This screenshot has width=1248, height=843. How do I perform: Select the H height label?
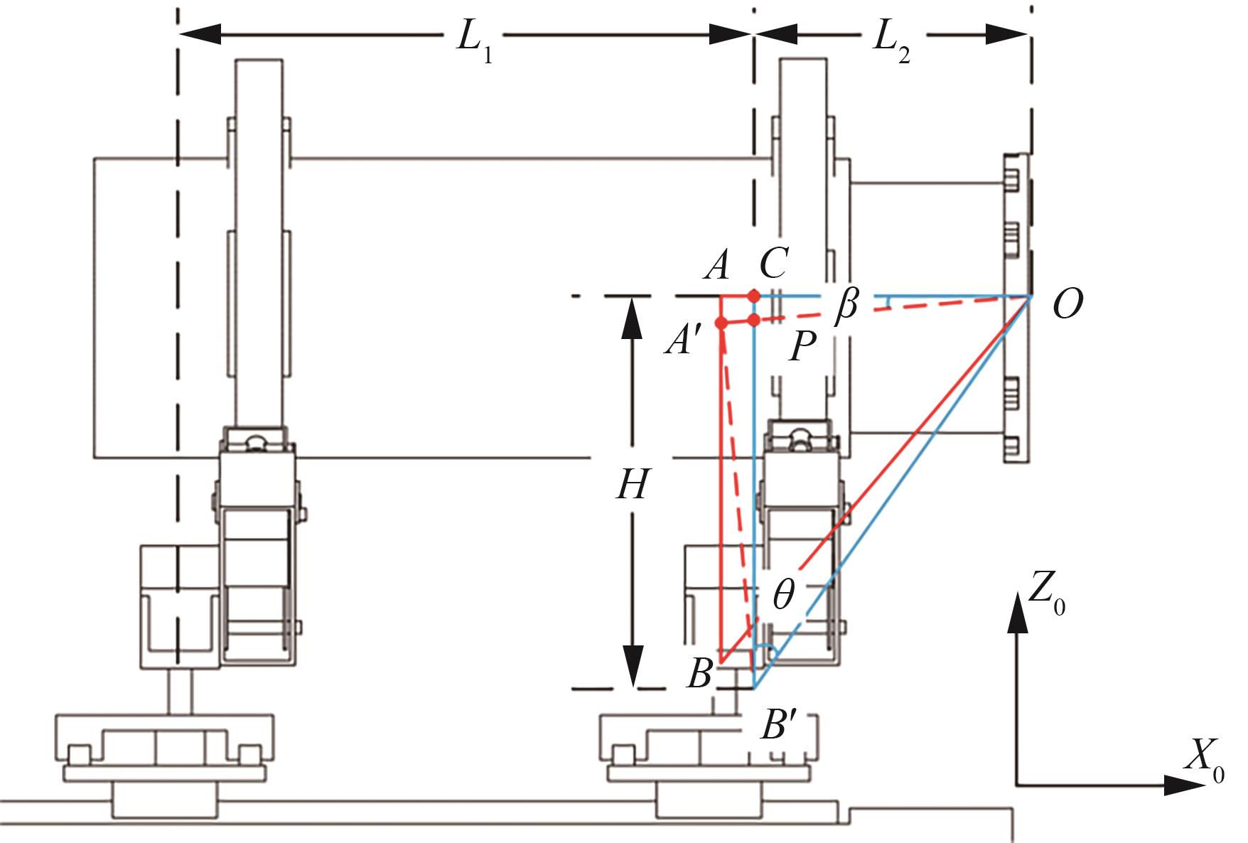(632, 486)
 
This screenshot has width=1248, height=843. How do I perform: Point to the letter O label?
(1067, 305)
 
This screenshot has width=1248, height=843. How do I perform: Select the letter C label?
(773, 264)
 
